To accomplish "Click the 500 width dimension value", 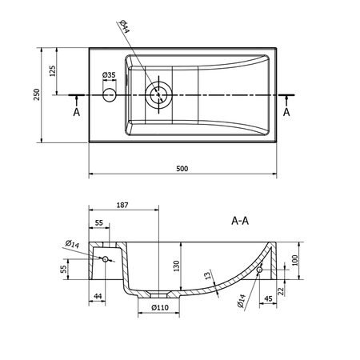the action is pyautogui.click(x=182, y=169).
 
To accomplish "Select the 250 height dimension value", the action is pyautogui.click(x=37, y=94).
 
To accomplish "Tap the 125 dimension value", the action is pyautogui.click(x=53, y=71).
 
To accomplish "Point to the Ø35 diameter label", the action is pyautogui.click(x=110, y=75).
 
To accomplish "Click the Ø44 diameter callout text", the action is pyautogui.click(x=125, y=26).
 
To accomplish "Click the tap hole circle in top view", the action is pyautogui.click(x=110, y=95).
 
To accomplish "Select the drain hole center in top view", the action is pyautogui.click(x=158, y=94).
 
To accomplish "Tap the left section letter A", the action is pyautogui.click(x=77, y=112).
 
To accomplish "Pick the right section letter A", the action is pyautogui.click(x=286, y=112).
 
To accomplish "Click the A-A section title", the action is pyautogui.click(x=240, y=221).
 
